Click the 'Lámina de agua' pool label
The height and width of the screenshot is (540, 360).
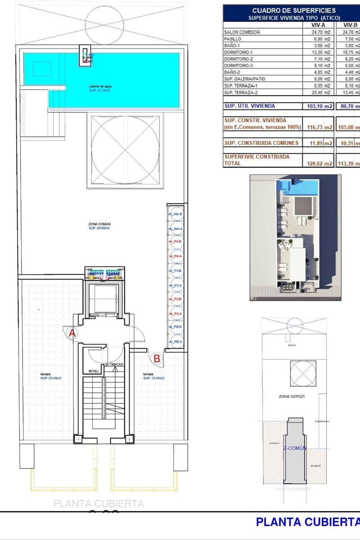click(x=99, y=85)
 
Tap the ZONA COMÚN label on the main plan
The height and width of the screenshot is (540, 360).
click(x=99, y=224)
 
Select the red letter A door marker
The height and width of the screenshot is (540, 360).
click(x=72, y=333)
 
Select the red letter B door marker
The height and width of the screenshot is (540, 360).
click(x=157, y=359)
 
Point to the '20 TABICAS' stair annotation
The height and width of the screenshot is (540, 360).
click(x=114, y=364)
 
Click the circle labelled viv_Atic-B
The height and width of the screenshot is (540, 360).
click(x=175, y=214)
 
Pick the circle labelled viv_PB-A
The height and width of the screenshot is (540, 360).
click(x=175, y=342)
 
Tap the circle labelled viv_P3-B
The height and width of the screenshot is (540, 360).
click(x=175, y=271)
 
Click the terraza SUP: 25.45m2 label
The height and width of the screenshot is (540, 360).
click(x=50, y=376)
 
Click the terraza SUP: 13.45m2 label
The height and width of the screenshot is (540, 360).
click(x=153, y=376)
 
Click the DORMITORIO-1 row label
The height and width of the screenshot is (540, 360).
click(x=242, y=52)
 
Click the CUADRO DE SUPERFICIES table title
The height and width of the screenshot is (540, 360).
click(x=293, y=10)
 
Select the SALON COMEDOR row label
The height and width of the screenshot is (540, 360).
click(x=242, y=32)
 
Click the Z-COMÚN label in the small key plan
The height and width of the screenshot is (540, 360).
click(x=295, y=448)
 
